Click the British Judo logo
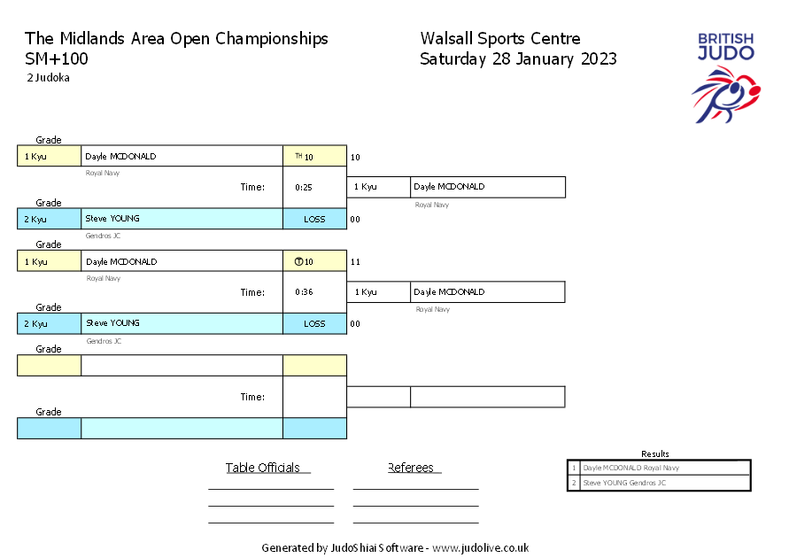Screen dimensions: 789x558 [725, 78]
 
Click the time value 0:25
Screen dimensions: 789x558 [304, 187]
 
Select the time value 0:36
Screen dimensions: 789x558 [304, 291]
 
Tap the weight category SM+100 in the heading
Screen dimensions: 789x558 [57, 58]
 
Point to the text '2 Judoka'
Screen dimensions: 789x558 [49, 77]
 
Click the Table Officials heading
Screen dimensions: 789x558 [263, 468]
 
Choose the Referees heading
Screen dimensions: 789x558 [411, 468]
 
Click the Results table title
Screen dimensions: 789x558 [654, 453]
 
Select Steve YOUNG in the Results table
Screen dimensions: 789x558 [624, 483]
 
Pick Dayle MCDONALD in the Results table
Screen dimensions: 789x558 [631, 468]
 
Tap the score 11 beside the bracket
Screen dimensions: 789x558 [355, 261]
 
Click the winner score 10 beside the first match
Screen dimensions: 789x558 [355, 157]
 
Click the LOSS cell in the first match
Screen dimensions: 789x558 [314, 219]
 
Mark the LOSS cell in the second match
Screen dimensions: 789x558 [314, 323]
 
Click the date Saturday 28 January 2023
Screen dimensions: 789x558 [518, 58]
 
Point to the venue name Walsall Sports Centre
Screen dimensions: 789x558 [500, 38]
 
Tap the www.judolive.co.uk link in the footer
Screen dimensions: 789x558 [481, 547]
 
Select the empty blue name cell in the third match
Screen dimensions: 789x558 [182, 428]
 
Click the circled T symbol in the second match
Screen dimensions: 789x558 [299, 261]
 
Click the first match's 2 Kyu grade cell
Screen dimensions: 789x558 [50, 219]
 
